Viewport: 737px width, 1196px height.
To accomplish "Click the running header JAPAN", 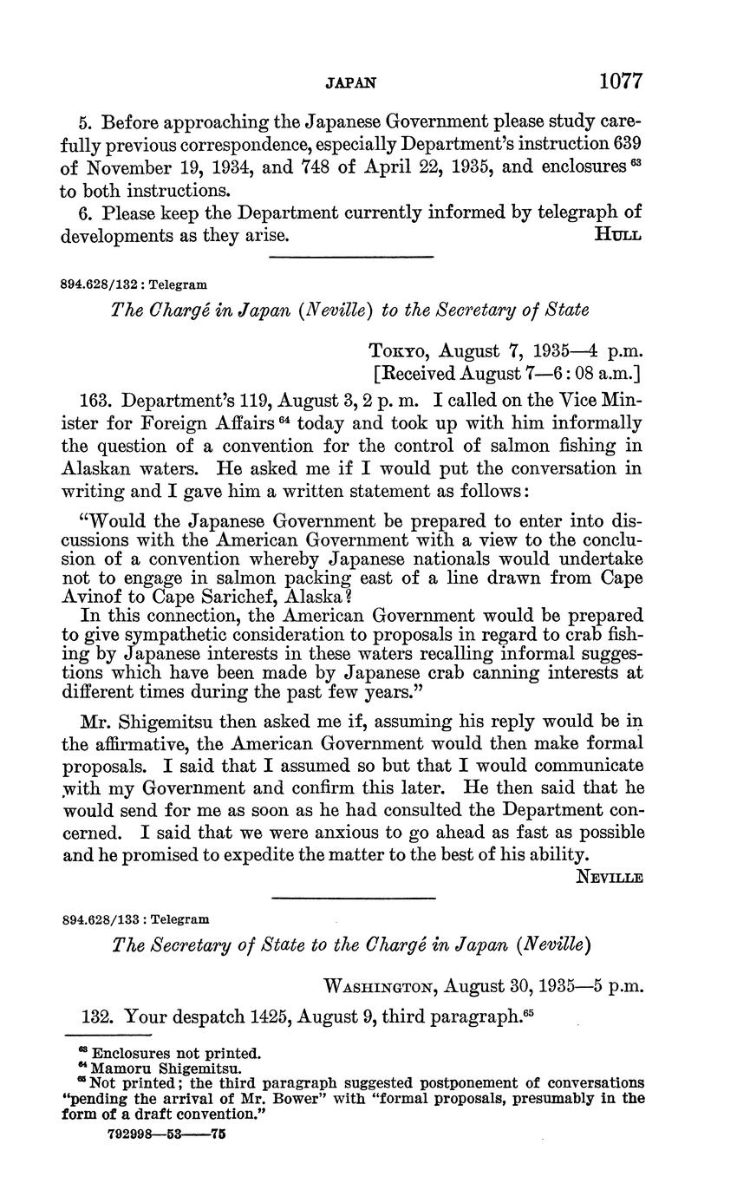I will (x=350, y=83).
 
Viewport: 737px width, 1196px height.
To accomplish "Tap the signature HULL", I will (x=619, y=236).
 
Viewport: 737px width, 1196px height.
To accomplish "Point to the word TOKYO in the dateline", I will (x=400, y=351).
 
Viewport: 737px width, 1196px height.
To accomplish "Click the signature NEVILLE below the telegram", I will (x=610, y=877).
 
